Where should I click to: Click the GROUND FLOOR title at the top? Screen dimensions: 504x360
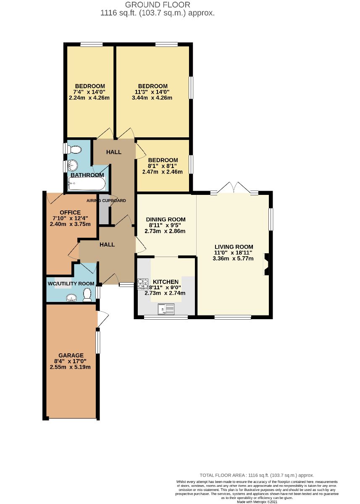click(x=158, y=5)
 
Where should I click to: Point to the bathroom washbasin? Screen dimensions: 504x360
click(x=72, y=165)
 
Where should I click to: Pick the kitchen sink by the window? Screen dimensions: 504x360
click(x=166, y=310)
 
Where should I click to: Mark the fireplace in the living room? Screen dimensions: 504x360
click(x=266, y=264)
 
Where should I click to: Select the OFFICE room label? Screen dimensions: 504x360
click(x=70, y=212)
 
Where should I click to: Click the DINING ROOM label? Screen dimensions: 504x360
click(x=166, y=219)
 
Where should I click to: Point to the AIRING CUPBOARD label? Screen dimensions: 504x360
click(x=106, y=201)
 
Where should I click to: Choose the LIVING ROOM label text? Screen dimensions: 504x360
click(x=234, y=247)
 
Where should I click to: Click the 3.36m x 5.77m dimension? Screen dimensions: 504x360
click(x=234, y=259)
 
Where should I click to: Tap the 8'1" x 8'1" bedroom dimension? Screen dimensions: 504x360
click(x=163, y=166)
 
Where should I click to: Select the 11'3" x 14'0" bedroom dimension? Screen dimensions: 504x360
click(x=152, y=92)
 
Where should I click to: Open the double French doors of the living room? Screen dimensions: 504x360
click(x=234, y=187)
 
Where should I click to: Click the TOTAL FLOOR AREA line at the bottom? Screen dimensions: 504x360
click(x=257, y=475)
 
